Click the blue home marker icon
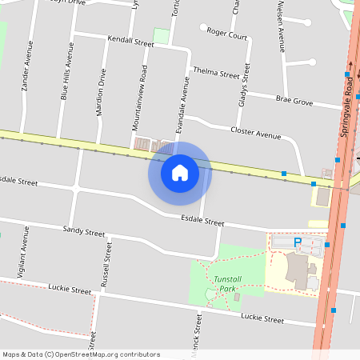point(180,173)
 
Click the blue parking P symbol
point(298,242)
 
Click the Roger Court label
point(226,34)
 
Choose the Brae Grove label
point(294,102)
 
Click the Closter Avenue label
point(255,130)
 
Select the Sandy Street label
point(84,231)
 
